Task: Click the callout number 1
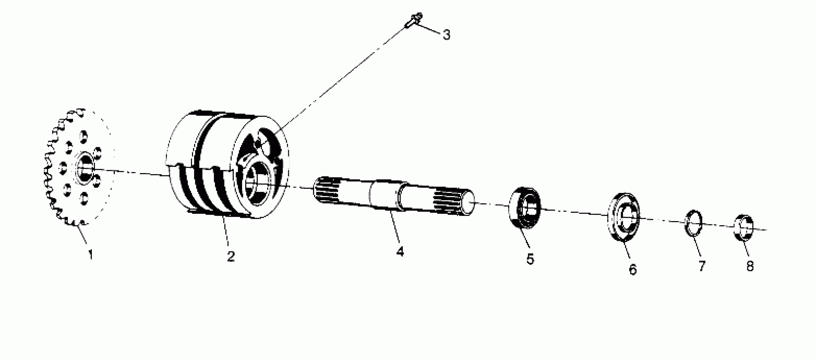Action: pyautogui.click(x=91, y=254)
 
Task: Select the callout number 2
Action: pyautogui.click(x=231, y=256)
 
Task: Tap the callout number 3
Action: pyautogui.click(x=446, y=35)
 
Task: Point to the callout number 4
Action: pyautogui.click(x=400, y=252)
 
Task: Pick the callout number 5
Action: pyautogui.click(x=530, y=259)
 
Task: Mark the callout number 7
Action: pyautogui.click(x=702, y=266)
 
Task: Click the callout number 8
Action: pyautogui.click(x=750, y=266)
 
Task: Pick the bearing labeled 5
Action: pyautogui.click(x=525, y=207)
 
